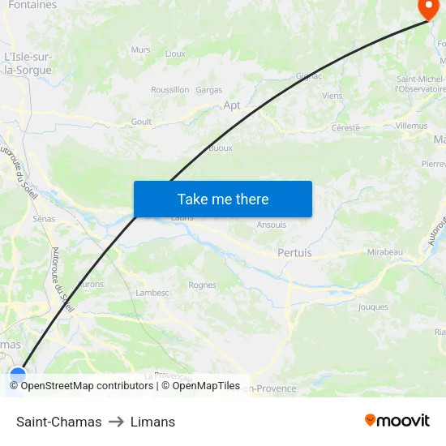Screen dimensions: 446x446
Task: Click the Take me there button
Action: [223, 199]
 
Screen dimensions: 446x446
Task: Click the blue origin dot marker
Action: [18, 375]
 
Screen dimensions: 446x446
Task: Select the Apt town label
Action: [232, 105]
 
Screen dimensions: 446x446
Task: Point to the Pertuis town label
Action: [294, 253]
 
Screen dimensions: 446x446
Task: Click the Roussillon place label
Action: [170, 90]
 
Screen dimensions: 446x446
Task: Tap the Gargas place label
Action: [208, 90]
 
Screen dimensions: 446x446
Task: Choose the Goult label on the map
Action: [141, 122]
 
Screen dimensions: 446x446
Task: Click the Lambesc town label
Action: [152, 293]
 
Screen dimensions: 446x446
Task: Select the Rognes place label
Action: [202, 285]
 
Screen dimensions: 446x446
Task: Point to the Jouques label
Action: [373, 307]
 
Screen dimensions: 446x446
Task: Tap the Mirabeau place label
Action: [384, 252]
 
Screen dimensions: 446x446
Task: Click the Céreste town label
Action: [345, 128]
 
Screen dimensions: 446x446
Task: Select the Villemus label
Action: [411, 127]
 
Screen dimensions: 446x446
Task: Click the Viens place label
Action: [332, 96]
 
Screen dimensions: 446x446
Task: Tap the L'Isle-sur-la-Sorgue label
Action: [28, 63]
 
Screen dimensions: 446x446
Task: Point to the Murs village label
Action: [140, 49]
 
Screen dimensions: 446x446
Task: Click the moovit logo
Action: [397, 421]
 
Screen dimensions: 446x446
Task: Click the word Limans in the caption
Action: [152, 422]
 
